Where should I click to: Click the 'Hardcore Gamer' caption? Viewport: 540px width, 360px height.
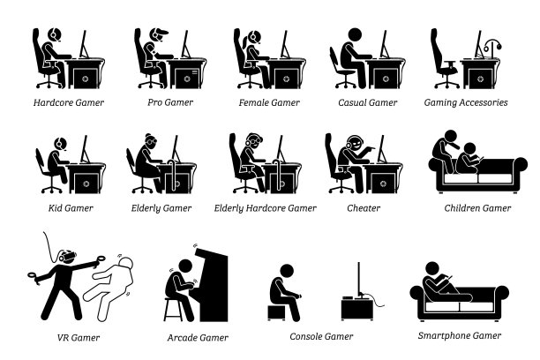[69, 102]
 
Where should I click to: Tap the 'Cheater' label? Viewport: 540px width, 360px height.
[364, 208]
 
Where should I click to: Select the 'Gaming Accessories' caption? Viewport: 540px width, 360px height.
[466, 102]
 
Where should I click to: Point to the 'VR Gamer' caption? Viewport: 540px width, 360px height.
[79, 338]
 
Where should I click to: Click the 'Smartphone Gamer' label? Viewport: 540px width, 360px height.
[460, 335]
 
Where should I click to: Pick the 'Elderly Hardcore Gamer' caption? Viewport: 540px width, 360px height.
[266, 208]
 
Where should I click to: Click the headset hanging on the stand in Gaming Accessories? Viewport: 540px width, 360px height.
[492, 45]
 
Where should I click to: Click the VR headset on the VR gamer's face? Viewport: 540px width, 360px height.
[67, 256]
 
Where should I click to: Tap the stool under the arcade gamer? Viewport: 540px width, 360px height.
[173, 310]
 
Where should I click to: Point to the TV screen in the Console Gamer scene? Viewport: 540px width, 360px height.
[359, 279]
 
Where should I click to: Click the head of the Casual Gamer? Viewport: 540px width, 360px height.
[355, 34]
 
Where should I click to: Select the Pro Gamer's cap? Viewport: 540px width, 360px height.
[160, 32]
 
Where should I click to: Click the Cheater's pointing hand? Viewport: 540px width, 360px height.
[371, 149]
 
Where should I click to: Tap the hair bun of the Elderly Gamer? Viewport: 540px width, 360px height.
[148, 135]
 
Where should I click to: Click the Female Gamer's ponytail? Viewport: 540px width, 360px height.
[245, 42]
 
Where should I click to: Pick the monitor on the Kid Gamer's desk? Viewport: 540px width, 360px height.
[85, 149]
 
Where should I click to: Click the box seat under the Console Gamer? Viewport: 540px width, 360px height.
[276, 312]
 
